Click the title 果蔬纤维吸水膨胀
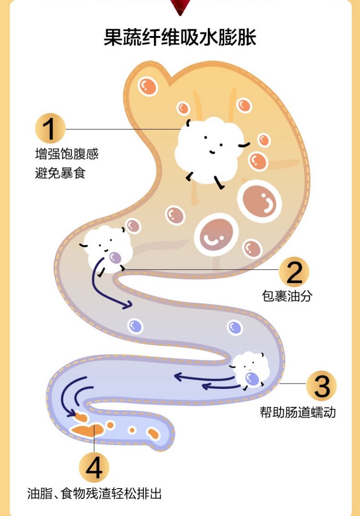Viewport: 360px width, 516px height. point(180,37)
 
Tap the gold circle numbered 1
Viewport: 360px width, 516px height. point(50,129)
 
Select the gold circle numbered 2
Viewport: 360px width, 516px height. point(294,272)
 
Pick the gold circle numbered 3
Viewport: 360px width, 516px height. point(322,385)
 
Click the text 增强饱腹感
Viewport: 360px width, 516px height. point(67,154)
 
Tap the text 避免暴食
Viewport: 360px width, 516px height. point(60,173)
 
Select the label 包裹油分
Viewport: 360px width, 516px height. point(287,296)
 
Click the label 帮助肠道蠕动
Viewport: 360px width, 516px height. point(298,412)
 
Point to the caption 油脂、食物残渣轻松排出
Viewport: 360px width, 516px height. point(95,493)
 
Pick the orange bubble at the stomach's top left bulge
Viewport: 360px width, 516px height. point(148,86)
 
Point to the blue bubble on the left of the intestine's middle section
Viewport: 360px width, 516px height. point(135,326)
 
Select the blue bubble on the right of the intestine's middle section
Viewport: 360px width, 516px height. point(235,327)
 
